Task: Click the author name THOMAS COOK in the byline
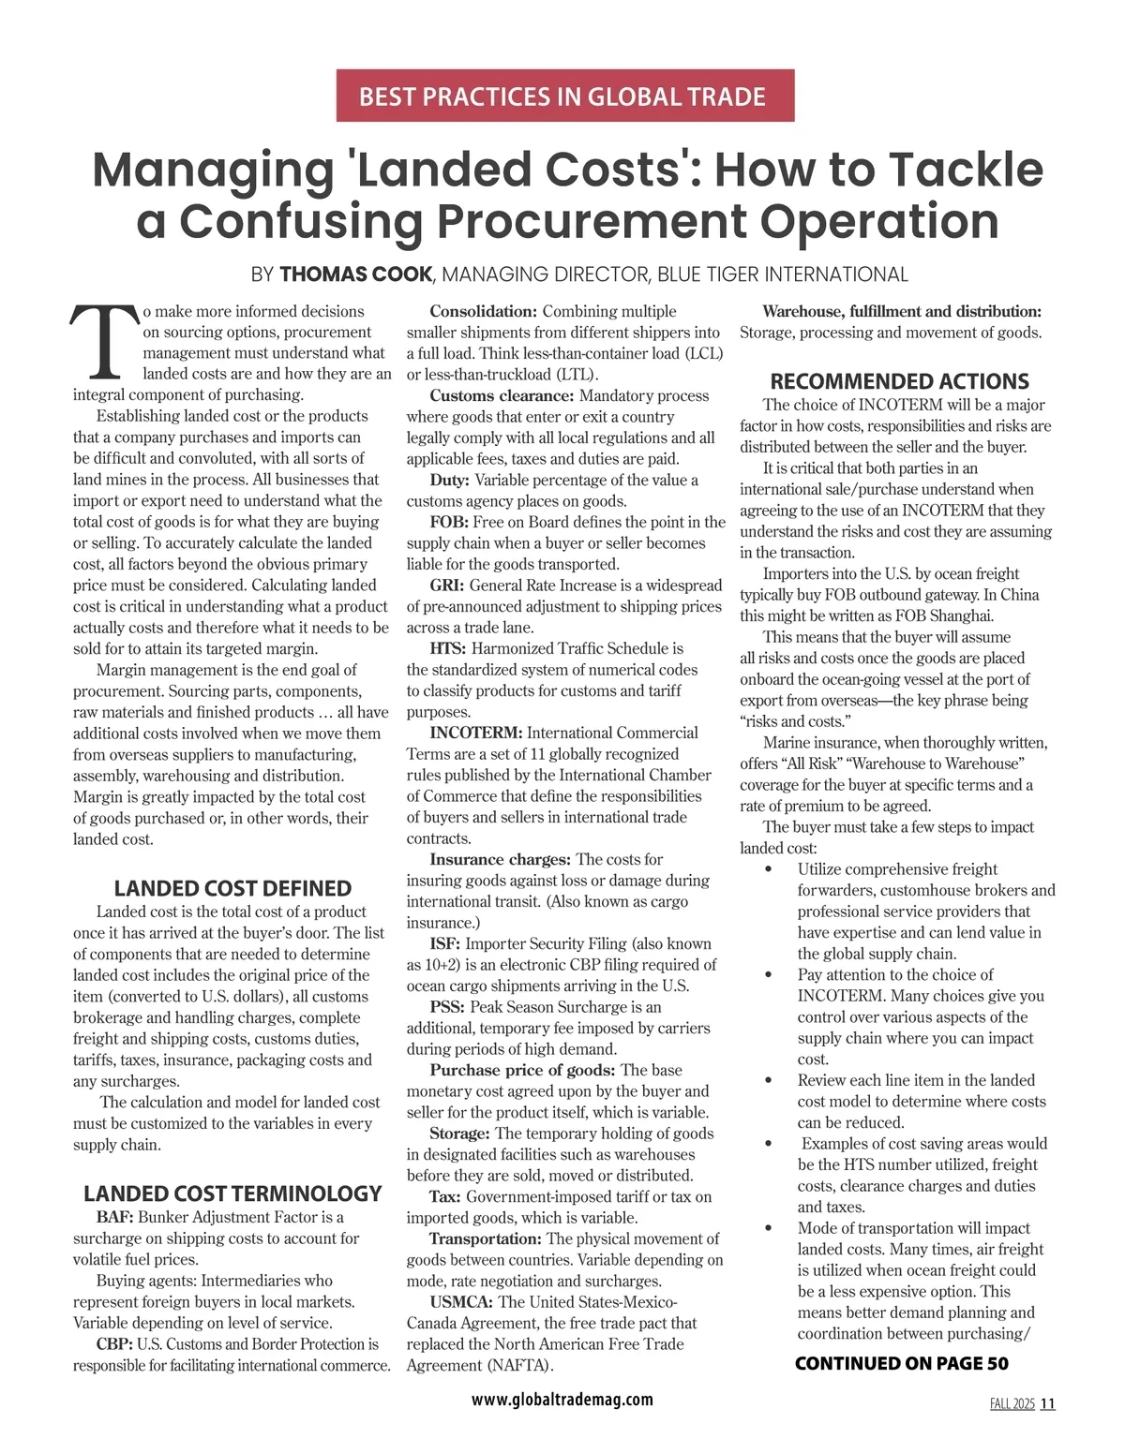pyautogui.click(x=356, y=274)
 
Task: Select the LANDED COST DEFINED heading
pyautogui.click(x=232, y=888)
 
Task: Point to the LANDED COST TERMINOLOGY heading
pyautogui.click(x=232, y=1194)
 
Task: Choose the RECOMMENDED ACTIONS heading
pyautogui.click(x=899, y=381)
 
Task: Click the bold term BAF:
pyautogui.click(x=115, y=1217)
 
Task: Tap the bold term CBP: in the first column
pyautogui.click(x=114, y=1343)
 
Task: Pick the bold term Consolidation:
pyautogui.click(x=483, y=311)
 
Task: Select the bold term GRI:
pyautogui.click(x=446, y=586)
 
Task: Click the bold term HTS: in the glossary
pyautogui.click(x=447, y=648)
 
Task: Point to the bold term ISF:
pyautogui.click(x=444, y=943)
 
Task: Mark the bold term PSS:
pyautogui.click(x=446, y=1007)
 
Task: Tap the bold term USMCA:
pyautogui.click(x=461, y=1302)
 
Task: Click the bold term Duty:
pyautogui.click(x=449, y=481)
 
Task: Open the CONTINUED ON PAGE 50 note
pyautogui.click(x=902, y=1363)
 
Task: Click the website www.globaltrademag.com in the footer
pyautogui.click(x=562, y=1400)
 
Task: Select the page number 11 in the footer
pyautogui.click(x=1047, y=1403)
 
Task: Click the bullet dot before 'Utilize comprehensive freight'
pyautogui.click(x=769, y=869)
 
